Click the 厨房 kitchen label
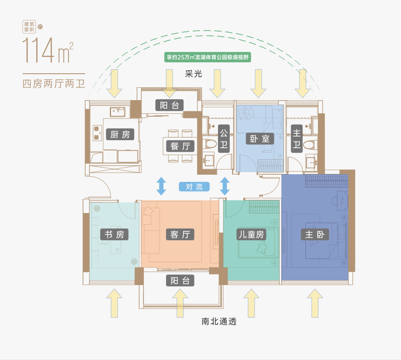120,135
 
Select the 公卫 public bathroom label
223,138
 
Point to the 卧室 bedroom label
260,138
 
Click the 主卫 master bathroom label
296,138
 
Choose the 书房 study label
114,234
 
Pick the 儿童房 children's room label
251,234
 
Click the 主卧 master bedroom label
315,234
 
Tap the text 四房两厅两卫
54,83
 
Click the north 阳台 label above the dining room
169,105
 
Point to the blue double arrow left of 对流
161,186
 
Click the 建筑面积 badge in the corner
29,27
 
